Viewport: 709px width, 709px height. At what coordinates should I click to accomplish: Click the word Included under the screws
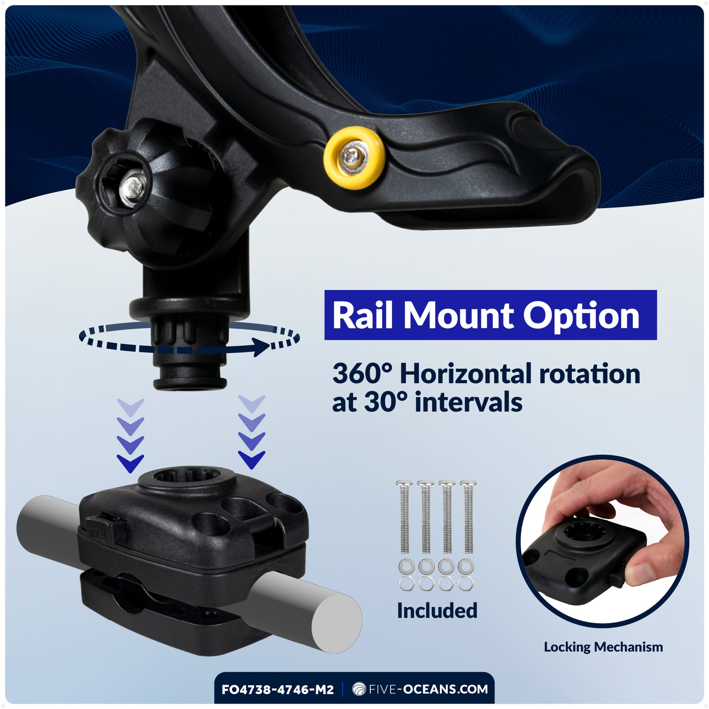coord(437,611)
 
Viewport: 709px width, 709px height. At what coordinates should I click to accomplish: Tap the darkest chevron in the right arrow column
coord(251,459)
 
